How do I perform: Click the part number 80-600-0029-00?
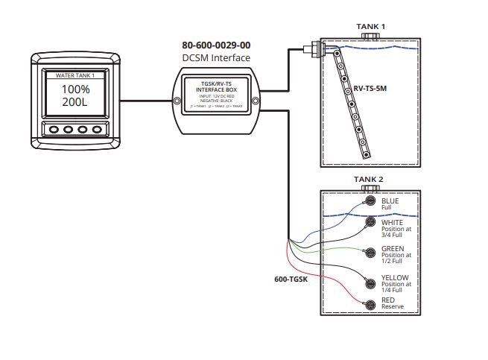tap(216, 45)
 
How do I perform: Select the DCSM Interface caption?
tap(216, 58)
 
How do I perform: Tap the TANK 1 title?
tap(370, 27)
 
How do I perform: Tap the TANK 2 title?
tap(370, 180)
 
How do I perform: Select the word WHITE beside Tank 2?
tap(393, 221)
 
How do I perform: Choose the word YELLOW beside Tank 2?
tap(396, 277)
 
